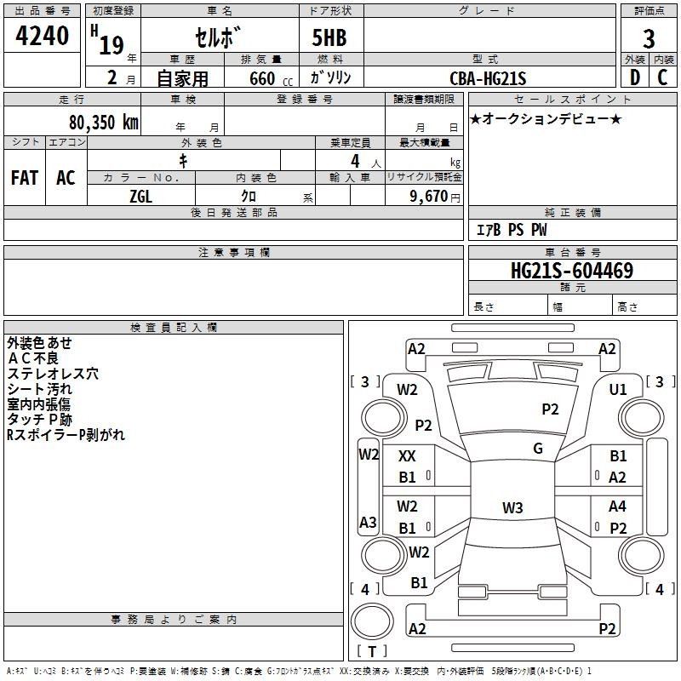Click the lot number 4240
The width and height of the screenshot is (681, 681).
[43, 37]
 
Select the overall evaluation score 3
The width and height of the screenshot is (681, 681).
[649, 38]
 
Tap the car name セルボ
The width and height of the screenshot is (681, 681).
[218, 38]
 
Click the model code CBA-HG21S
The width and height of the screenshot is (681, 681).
[488, 78]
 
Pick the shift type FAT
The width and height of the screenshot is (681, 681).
[25, 178]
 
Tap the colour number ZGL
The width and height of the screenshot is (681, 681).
[140, 196]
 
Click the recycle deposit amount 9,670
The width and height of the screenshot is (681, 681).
[428, 196]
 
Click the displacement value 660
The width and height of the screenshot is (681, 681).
[262, 78]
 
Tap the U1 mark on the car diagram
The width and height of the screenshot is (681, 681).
[617, 389]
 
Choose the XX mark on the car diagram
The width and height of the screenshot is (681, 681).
[408, 456]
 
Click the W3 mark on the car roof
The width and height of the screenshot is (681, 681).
[512, 508]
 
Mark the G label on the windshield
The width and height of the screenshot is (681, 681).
[538, 449]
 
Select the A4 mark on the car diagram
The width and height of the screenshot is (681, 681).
[618, 506]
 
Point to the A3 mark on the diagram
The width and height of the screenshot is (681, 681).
[368, 522]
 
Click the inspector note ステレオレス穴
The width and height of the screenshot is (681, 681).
[52, 373]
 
